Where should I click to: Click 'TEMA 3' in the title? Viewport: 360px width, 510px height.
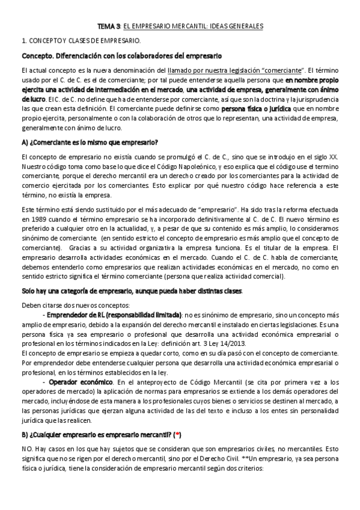106,27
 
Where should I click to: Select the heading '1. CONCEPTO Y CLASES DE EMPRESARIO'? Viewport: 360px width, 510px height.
81,41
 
